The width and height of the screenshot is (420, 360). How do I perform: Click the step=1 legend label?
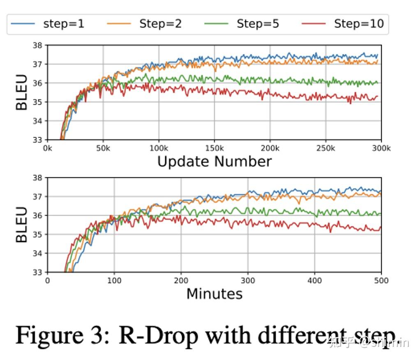click(64, 24)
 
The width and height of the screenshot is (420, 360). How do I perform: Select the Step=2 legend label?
click(160, 24)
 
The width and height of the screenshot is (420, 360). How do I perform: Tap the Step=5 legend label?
click(258, 24)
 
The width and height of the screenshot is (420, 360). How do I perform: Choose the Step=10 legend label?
click(359, 24)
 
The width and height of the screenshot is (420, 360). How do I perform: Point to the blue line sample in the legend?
click(23, 24)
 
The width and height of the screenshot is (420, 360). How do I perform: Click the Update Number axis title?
click(214, 162)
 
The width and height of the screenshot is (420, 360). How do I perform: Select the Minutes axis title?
click(214, 294)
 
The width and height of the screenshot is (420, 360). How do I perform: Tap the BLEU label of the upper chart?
click(21, 92)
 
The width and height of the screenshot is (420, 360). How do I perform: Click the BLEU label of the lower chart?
click(21, 224)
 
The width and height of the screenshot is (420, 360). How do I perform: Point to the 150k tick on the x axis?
click(214, 148)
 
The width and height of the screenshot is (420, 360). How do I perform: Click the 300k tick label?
click(381, 148)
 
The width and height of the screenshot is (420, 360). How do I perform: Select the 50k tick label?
click(103, 148)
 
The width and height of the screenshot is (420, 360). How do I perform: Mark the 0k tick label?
click(47, 148)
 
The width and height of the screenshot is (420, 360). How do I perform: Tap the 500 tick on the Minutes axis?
click(381, 281)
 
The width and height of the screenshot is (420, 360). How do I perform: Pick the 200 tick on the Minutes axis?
click(181, 281)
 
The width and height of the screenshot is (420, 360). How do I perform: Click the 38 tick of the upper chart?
click(38, 45)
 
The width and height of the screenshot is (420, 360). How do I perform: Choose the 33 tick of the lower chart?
click(38, 272)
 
